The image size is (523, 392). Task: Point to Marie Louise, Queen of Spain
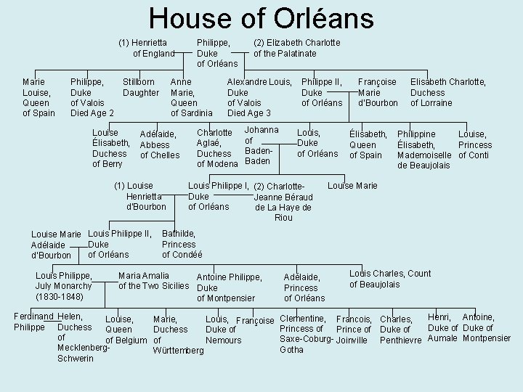pos(37,97)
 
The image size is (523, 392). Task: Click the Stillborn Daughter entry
pos(141,87)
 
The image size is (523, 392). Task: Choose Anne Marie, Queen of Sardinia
pos(191,97)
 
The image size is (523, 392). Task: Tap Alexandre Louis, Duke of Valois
pos(259,97)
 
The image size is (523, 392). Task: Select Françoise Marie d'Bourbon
pos(378,92)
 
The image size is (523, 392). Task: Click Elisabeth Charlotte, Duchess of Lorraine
pos(447,92)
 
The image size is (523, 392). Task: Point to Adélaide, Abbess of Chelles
pos(159,144)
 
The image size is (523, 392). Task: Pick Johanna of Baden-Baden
pos(260,144)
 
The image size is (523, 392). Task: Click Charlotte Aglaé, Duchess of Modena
pos(217,148)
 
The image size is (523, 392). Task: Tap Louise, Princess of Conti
pos(475,144)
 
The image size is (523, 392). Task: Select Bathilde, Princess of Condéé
pos(182,244)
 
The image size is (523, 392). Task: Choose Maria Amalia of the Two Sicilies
pos(154,280)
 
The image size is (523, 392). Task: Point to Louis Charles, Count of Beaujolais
pos(389,279)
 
